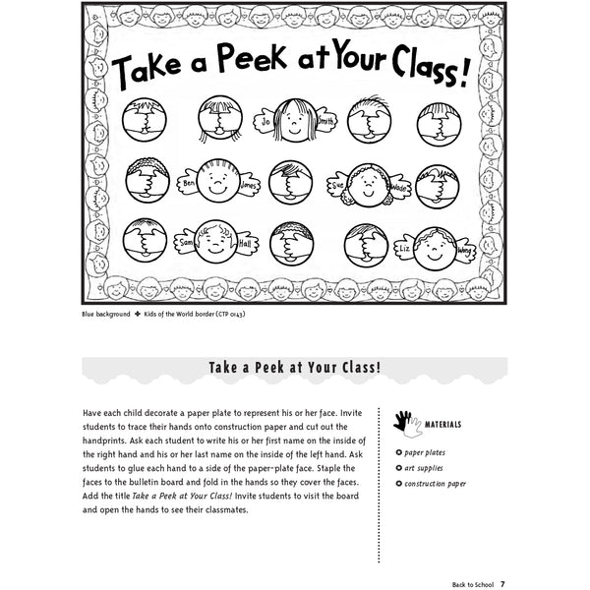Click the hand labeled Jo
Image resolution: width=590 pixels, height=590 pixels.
(x=265, y=124)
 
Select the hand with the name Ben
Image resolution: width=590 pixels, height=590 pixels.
(x=188, y=183)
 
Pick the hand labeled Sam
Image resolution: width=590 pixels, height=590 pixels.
(x=185, y=240)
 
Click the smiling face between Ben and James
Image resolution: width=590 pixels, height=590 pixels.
(x=218, y=181)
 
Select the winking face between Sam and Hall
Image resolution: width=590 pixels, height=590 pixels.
(x=216, y=238)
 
